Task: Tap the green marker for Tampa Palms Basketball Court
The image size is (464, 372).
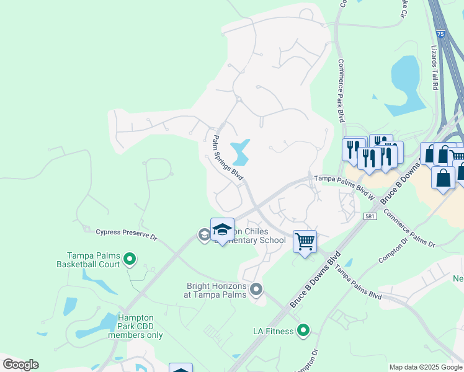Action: click(130, 259)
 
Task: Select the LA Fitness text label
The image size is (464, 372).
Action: click(273, 331)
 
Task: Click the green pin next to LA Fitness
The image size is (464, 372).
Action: click(303, 331)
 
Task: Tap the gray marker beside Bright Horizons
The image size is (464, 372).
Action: click(256, 290)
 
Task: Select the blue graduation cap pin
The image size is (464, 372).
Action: click(221, 230)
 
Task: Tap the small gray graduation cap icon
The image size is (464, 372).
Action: click(203, 234)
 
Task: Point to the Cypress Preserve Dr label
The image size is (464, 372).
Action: click(127, 234)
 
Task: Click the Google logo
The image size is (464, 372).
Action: click(20, 365)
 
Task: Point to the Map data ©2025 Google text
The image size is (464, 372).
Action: click(426, 367)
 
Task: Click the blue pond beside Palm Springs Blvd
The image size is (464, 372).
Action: click(239, 152)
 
